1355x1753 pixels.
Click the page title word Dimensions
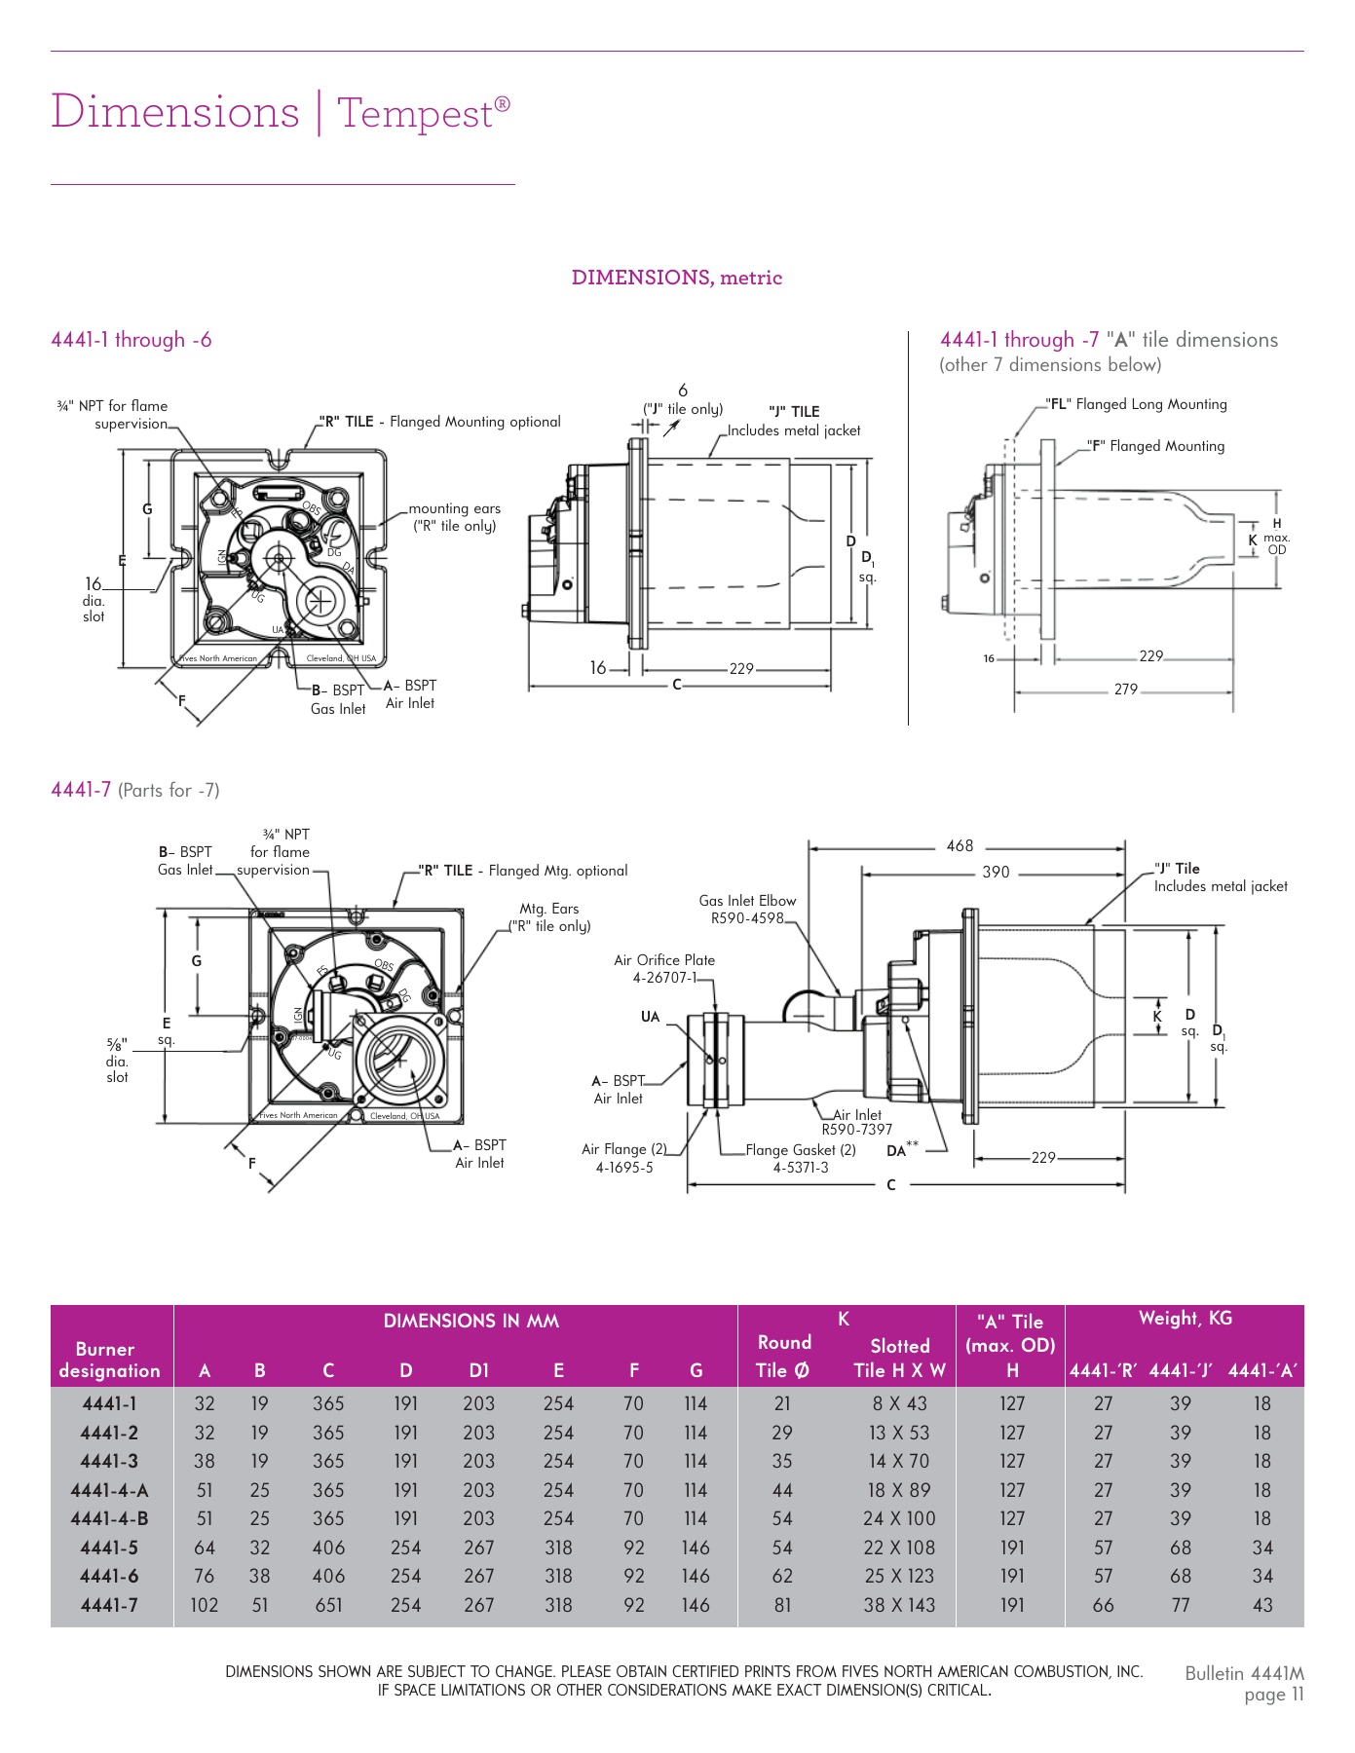point(175,112)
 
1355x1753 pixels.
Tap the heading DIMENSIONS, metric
point(676,278)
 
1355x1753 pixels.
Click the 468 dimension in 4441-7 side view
point(960,845)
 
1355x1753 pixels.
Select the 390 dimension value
point(996,872)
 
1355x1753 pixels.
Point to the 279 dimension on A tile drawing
point(1125,689)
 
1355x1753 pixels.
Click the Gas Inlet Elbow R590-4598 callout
point(747,909)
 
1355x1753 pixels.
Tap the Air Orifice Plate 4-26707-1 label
point(664,968)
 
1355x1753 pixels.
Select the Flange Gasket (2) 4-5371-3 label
point(801,1158)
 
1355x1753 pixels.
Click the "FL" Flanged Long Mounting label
point(1136,404)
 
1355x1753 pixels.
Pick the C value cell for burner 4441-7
point(328,1604)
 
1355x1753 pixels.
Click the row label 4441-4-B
point(109,1518)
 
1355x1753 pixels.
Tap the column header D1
point(478,1370)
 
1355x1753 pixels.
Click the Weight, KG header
point(1185,1319)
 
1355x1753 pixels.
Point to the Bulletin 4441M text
point(1244,1673)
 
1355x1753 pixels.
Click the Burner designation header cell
point(109,1360)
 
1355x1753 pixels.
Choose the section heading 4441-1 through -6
point(132,340)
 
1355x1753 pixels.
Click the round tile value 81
point(782,1604)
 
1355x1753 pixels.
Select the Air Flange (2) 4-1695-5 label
point(624,1158)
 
